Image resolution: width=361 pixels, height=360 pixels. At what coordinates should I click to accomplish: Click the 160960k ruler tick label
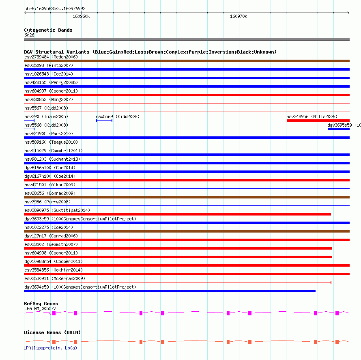81,17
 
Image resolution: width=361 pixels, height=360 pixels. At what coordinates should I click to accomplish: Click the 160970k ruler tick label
239,17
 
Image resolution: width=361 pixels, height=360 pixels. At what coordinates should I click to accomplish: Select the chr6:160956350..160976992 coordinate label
55,9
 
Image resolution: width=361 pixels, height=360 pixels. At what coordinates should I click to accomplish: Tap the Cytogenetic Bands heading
48,30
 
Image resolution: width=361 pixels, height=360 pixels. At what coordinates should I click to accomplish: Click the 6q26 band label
29,35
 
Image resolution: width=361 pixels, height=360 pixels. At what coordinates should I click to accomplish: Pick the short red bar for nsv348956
318,120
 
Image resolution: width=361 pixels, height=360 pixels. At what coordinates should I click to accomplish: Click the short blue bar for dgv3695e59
338,129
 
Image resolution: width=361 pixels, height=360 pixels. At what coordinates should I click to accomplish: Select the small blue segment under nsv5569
104,121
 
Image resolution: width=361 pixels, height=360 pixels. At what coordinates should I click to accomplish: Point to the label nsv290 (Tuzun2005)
46,116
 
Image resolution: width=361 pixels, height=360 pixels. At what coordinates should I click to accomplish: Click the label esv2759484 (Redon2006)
51,57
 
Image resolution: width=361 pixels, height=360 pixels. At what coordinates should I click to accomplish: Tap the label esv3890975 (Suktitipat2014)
57,210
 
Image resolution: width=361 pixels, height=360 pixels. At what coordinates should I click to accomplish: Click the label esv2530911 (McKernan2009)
55,278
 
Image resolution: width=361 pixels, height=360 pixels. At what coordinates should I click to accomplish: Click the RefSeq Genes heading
41,304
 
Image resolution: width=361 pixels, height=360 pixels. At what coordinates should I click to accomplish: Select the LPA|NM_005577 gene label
40,308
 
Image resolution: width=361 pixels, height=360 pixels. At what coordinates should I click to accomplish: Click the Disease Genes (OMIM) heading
52,332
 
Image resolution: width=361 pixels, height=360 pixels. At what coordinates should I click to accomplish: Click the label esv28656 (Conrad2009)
50,193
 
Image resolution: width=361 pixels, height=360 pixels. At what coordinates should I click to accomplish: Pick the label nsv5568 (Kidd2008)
46,125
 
